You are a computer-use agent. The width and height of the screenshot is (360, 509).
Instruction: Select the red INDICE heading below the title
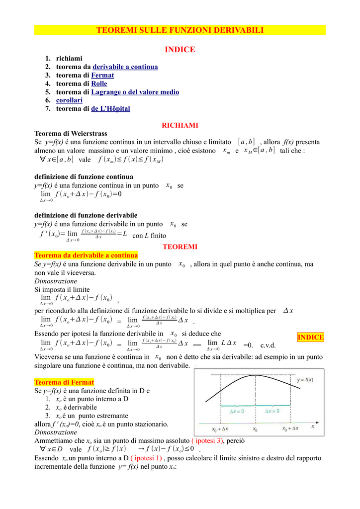pos(180,49)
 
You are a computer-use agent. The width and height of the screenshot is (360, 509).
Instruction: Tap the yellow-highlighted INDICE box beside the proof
pos(311,338)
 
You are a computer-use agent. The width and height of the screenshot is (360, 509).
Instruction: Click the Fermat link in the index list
pos(102,75)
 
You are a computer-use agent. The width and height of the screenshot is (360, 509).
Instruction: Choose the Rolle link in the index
pos(99,84)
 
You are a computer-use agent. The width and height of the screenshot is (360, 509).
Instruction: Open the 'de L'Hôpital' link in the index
pos(110,108)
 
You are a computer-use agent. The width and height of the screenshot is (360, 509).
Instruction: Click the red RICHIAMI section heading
pos(180,125)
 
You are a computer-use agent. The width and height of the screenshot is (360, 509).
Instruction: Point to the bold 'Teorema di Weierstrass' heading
pos(71,133)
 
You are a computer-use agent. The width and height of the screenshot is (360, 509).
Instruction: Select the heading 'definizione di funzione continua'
pos(84,176)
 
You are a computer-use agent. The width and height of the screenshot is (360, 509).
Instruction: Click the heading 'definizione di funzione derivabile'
pos(86,215)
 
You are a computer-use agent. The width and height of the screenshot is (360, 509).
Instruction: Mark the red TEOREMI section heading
pos(180,247)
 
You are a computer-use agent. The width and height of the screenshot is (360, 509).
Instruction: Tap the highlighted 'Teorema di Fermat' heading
pos(64,382)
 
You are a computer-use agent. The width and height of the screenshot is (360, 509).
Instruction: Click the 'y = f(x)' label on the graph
pos(304,380)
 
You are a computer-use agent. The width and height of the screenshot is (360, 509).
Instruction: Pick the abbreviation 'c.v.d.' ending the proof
pos(268,345)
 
